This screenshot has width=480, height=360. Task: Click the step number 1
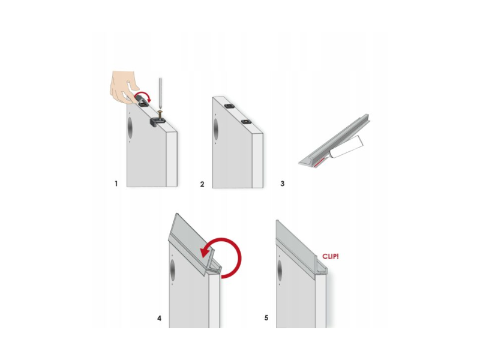[116, 184]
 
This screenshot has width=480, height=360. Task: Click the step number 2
[202, 184]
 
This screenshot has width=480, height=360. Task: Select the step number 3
[282, 184]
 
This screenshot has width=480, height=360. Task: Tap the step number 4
[159, 319]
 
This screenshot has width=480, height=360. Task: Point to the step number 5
[266, 318]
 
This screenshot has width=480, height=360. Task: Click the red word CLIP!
[331, 257]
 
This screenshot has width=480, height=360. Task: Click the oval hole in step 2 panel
[216, 129]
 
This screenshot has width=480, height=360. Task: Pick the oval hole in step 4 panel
[172, 269]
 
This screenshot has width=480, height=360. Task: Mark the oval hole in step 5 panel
[280, 271]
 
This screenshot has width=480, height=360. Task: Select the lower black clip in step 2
[245, 122]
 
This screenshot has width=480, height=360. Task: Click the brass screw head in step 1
[160, 112]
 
